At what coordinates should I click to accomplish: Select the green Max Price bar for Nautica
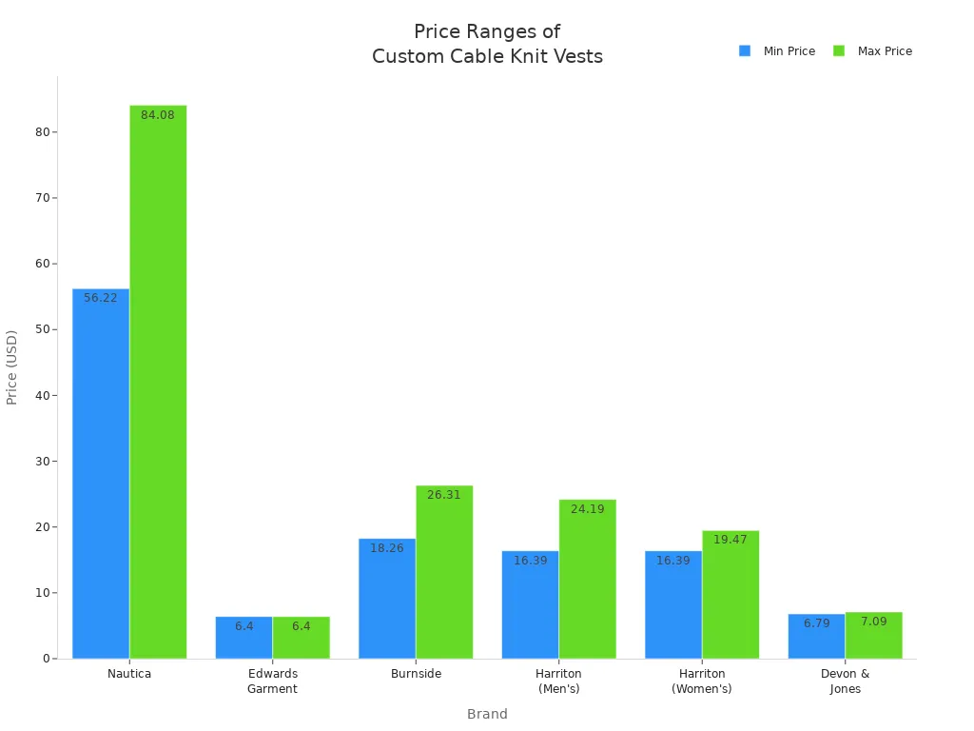coord(158,382)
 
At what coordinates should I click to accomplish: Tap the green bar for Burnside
coord(444,572)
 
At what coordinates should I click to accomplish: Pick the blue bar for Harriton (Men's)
coord(530,604)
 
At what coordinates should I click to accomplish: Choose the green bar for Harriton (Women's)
coord(730,594)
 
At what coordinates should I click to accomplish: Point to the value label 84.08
coord(158,115)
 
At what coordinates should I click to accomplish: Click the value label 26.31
coord(444,495)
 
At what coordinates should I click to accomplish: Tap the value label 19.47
coord(730,540)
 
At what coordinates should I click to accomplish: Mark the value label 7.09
coord(873,622)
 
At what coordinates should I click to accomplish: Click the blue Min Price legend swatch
coord(745,51)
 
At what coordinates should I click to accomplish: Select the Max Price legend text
coord(885,51)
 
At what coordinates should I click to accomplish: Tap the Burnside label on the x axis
coord(416,674)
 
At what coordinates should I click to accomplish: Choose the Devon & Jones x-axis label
coord(845,681)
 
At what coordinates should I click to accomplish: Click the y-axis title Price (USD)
coord(12,367)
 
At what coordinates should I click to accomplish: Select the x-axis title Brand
coord(487,714)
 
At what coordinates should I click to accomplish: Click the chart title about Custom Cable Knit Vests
coord(487,44)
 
